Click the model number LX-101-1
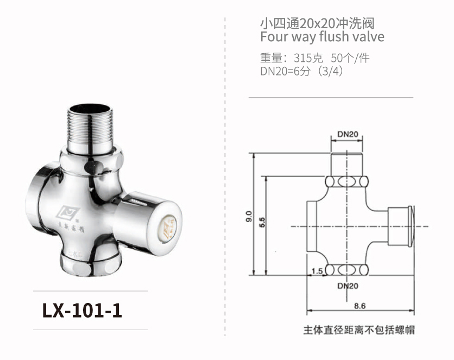[x=82, y=310]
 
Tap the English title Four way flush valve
[x=322, y=37]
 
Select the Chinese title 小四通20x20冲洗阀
[x=317, y=23]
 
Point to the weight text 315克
[x=308, y=58]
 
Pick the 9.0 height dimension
[x=249, y=216]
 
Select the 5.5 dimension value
[x=263, y=223]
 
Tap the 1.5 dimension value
[x=317, y=270]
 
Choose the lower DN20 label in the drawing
[x=347, y=285]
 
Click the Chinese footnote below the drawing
[x=360, y=330]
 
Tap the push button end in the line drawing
[x=402, y=226]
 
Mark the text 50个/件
[x=350, y=58]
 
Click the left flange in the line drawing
[x=313, y=226]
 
